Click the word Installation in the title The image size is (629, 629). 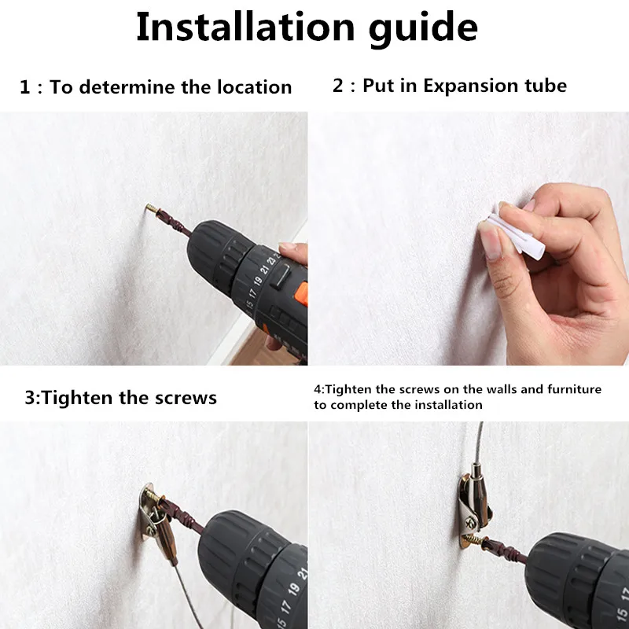coord(245,27)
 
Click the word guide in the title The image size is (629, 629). coord(423,29)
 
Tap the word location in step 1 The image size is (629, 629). coord(254,87)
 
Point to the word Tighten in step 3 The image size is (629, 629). coord(76,399)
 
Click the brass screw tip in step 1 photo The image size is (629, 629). coord(151,208)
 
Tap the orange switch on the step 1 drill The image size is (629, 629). coord(303,294)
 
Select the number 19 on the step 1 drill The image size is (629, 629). coord(259,280)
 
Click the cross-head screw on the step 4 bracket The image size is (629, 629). coord(470,522)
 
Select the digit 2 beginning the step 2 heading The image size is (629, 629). coord(338,86)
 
